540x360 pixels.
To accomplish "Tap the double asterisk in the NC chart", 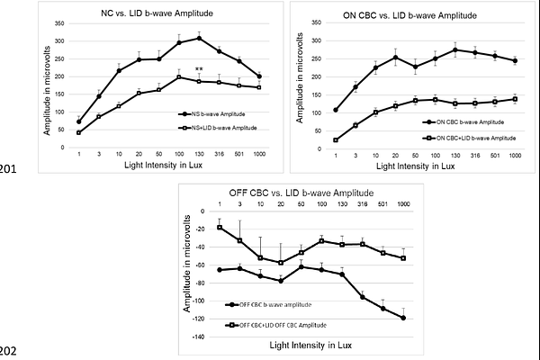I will click(x=200, y=70).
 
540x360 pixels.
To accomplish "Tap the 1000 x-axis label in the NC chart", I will click(x=259, y=155).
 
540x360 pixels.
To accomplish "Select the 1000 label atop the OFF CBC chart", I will click(x=403, y=203).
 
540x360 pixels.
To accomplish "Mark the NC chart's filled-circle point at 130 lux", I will click(x=199, y=38).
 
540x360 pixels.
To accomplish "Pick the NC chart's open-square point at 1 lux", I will click(x=79, y=132).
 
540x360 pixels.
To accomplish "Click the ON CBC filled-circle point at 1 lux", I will click(x=336, y=110).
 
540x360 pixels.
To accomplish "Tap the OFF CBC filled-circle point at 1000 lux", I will click(x=403, y=318).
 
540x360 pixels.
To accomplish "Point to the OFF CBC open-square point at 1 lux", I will click(x=220, y=227).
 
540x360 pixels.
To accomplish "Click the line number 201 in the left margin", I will click(x=10, y=167).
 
